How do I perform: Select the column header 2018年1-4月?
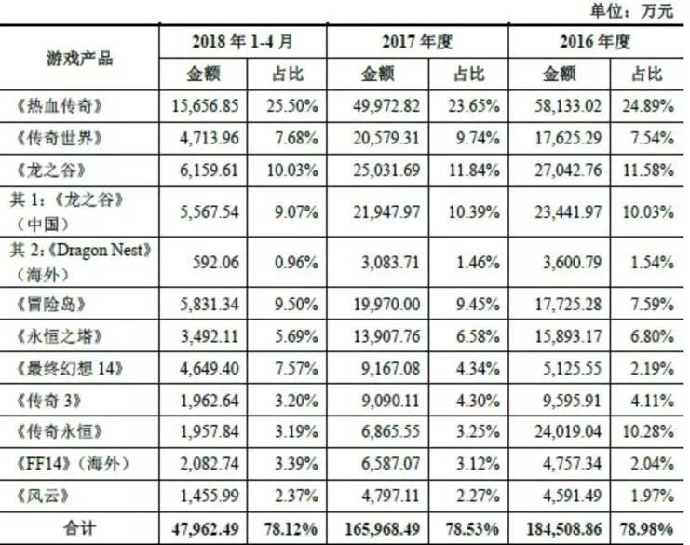(242, 42)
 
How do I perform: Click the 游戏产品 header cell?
(80, 58)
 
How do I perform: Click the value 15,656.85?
(208, 105)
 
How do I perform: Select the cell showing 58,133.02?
(561, 105)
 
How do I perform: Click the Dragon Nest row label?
(80, 261)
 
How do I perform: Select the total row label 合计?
(80, 528)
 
